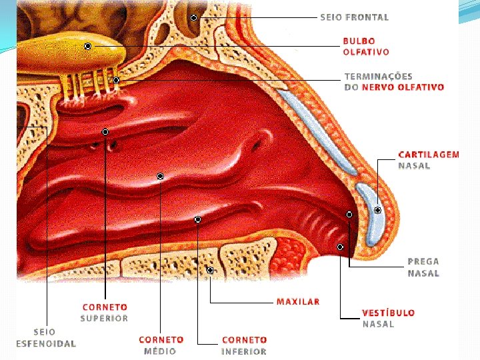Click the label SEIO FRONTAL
[354, 17]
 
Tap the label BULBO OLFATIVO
[366, 46]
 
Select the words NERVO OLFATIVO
[403, 87]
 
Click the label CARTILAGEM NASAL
[428, 160]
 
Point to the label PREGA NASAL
[423, 267]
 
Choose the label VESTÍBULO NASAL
[388, 318]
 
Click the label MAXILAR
[298, 302]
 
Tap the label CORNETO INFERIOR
[244, 345]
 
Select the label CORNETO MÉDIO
[161, 345]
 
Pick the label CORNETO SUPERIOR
[105, 313]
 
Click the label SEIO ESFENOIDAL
[46, 337]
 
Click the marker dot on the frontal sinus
[193, 17]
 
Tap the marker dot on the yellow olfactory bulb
[88, 46]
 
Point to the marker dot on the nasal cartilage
[377, 210]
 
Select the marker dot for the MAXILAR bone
[210, 271]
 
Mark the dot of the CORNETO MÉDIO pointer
[161, 176]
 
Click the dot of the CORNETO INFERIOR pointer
[198, 219]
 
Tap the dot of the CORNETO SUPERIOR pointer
[105, 131]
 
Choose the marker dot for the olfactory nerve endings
[116, 80]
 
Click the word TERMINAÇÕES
[378, 77]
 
